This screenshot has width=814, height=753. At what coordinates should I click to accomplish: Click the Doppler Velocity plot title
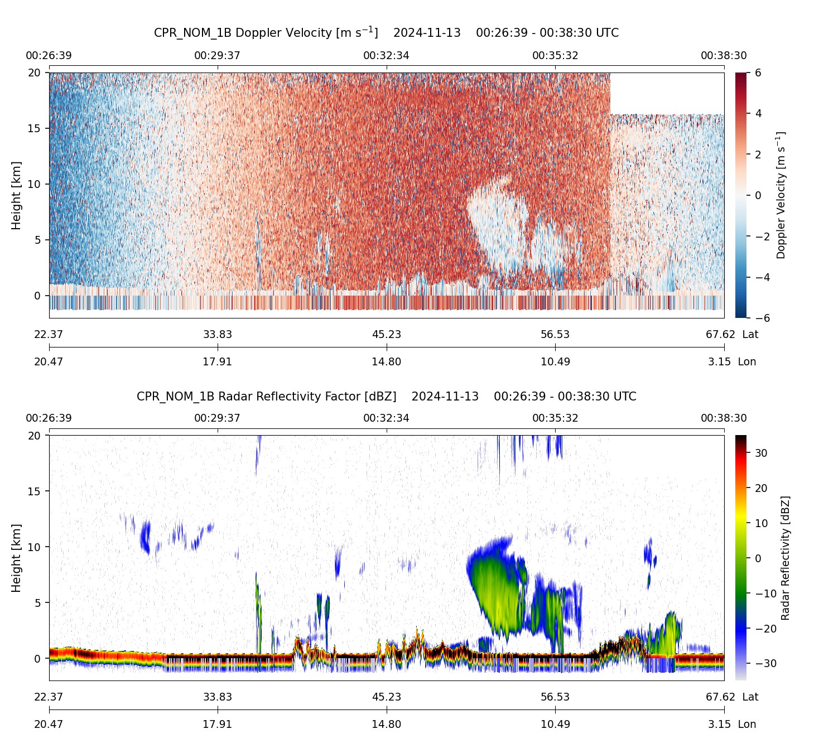(x=386, y=32)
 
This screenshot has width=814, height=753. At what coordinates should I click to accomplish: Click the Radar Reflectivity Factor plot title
(x=386, y=397)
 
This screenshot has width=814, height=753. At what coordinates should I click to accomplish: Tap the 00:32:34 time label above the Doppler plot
(x=386, y=56)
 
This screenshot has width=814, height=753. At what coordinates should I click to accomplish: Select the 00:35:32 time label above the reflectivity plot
(x=555, y=418)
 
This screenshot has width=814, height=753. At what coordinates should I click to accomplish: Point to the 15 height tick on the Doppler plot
(x=35, y=128)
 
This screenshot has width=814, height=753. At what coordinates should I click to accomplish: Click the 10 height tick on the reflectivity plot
(x=35, y=547)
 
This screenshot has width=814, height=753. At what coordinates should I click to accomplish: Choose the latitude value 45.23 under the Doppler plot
(x=386, y=335)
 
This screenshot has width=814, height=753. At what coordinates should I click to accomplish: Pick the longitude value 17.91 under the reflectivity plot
(x=217, y=725)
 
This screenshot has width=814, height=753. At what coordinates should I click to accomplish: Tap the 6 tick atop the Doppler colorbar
(x=758, y=73)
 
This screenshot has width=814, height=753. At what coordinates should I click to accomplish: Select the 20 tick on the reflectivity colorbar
(x=762, y=488)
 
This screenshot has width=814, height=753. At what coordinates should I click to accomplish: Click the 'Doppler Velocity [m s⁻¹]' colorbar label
(x=781, y=195)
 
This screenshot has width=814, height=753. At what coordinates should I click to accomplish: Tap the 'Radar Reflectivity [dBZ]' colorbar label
(x=785, y=558)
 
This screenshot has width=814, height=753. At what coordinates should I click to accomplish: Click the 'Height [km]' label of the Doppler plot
(x=16, y=195)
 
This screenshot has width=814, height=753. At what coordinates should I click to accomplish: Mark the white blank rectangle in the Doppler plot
(x=667, y=93)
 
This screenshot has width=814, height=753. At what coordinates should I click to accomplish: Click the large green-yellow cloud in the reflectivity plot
(x=497, y=586)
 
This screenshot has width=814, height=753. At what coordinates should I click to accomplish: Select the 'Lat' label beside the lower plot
(x=750, y=697)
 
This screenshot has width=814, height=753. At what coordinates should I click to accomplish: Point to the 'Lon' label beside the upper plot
(x=747, y=362)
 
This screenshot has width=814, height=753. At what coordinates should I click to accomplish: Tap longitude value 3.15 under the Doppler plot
(x=719, y=362)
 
